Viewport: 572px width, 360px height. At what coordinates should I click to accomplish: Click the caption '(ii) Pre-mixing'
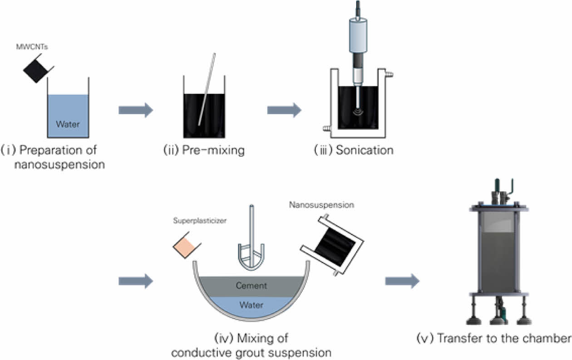pos(204,151)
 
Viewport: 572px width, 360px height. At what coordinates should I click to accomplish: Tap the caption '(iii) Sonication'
pos(354,151)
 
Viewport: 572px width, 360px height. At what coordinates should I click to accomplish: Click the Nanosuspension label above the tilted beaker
pos(321,205)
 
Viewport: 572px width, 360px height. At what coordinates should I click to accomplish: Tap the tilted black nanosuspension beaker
pos(333,246)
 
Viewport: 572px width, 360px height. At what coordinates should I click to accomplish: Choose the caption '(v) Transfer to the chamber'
pos(493,339)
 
